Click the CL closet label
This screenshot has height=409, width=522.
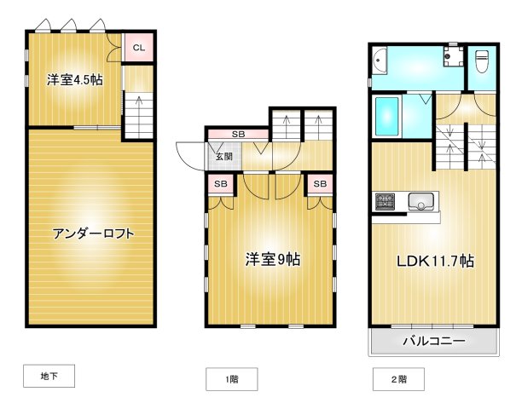tap(138, 48)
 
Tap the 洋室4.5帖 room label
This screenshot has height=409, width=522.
tap(74, 80)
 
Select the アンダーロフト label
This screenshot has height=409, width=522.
tap(93, 233)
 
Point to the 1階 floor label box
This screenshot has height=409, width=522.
tap(230, 379)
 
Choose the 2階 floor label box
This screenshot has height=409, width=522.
tap(397, 379)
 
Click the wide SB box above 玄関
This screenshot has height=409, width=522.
tap(238, 135)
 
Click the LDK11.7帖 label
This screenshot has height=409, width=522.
tap(433, 261)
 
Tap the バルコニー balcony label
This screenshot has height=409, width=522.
tap(433, 342)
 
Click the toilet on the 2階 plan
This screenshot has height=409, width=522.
tap(480, 61)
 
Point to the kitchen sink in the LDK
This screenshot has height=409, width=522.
tap(420, 201)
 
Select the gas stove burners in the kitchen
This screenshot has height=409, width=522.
tap(385, 202)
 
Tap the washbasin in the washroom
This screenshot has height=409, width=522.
tap(380, 61)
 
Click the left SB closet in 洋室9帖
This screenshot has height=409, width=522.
tap(220, 183)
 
